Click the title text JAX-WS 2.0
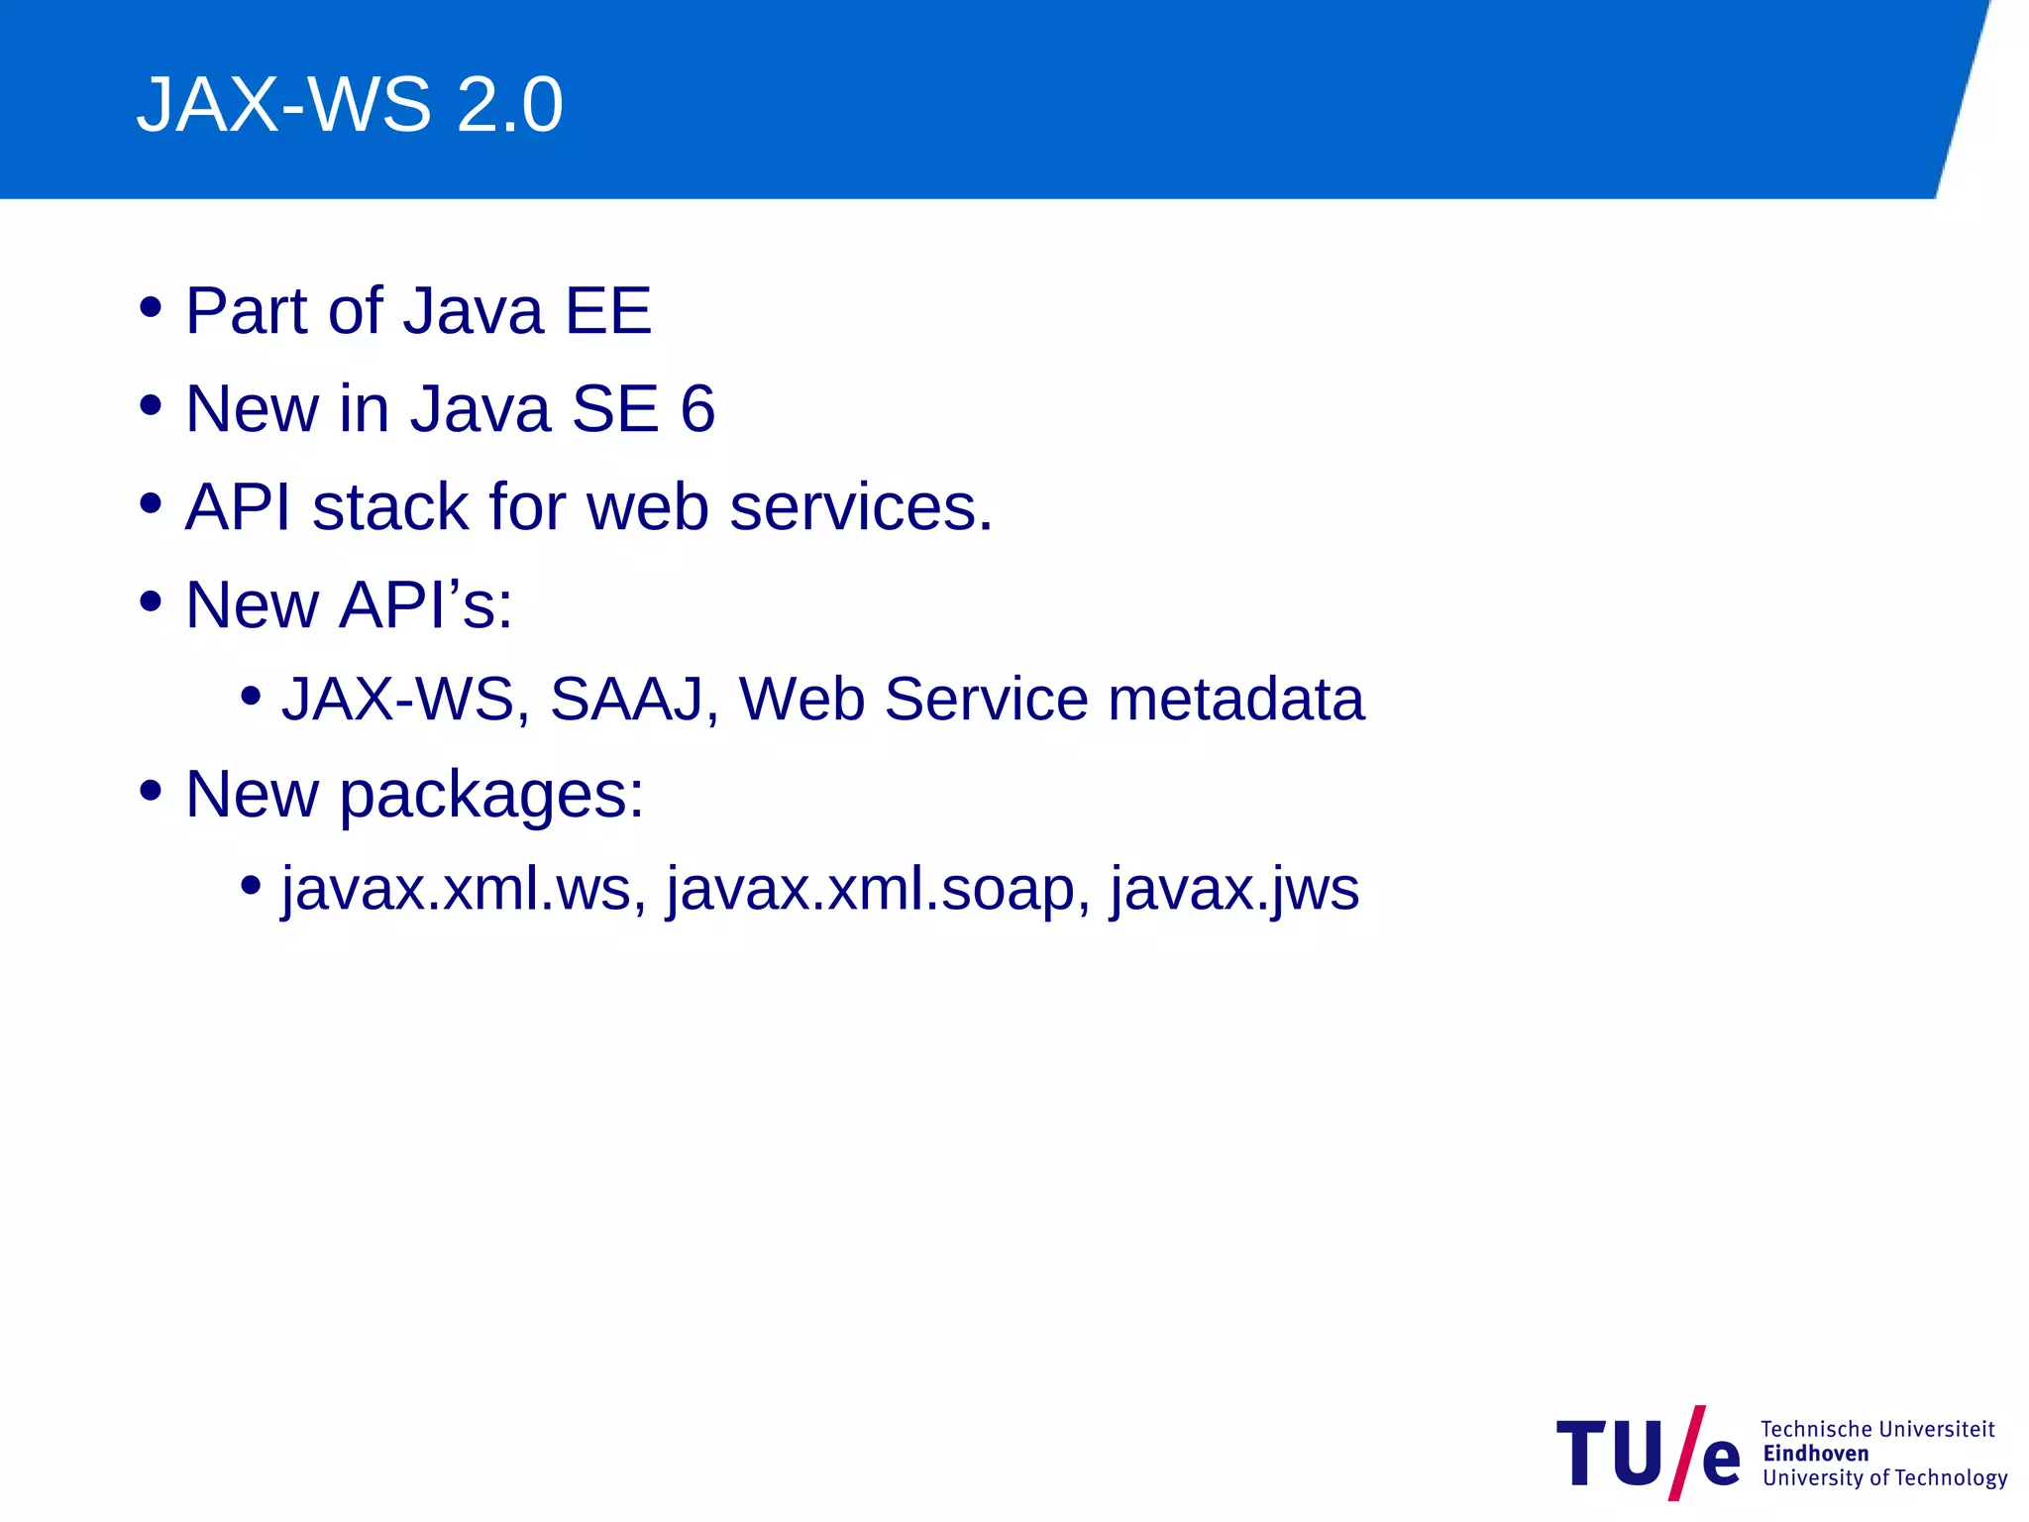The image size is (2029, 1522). (x=350, y=104)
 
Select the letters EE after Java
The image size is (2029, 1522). (x=607, y=311)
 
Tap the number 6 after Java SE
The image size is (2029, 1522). (x=697, y=408)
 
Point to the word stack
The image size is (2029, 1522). (x=389, y=506)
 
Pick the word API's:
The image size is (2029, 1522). (x=426, y=603)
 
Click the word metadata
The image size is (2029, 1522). (x=1235, y=699)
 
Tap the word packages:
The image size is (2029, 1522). (x=491, y=795)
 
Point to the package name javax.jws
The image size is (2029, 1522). (x=1233, y=888)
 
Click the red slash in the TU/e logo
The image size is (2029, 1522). (x=1686, y=1453)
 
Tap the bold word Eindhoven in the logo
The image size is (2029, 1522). (x=1816, y=1454)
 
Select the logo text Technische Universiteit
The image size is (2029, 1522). (x=1877, y=1429)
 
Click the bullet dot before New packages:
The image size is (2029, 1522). (x=151, y=791)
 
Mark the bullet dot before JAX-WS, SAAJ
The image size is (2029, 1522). (x=251, y=696)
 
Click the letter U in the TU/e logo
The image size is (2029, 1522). (x=1638, y=1454)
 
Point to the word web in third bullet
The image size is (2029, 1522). (x=647, y=506)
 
